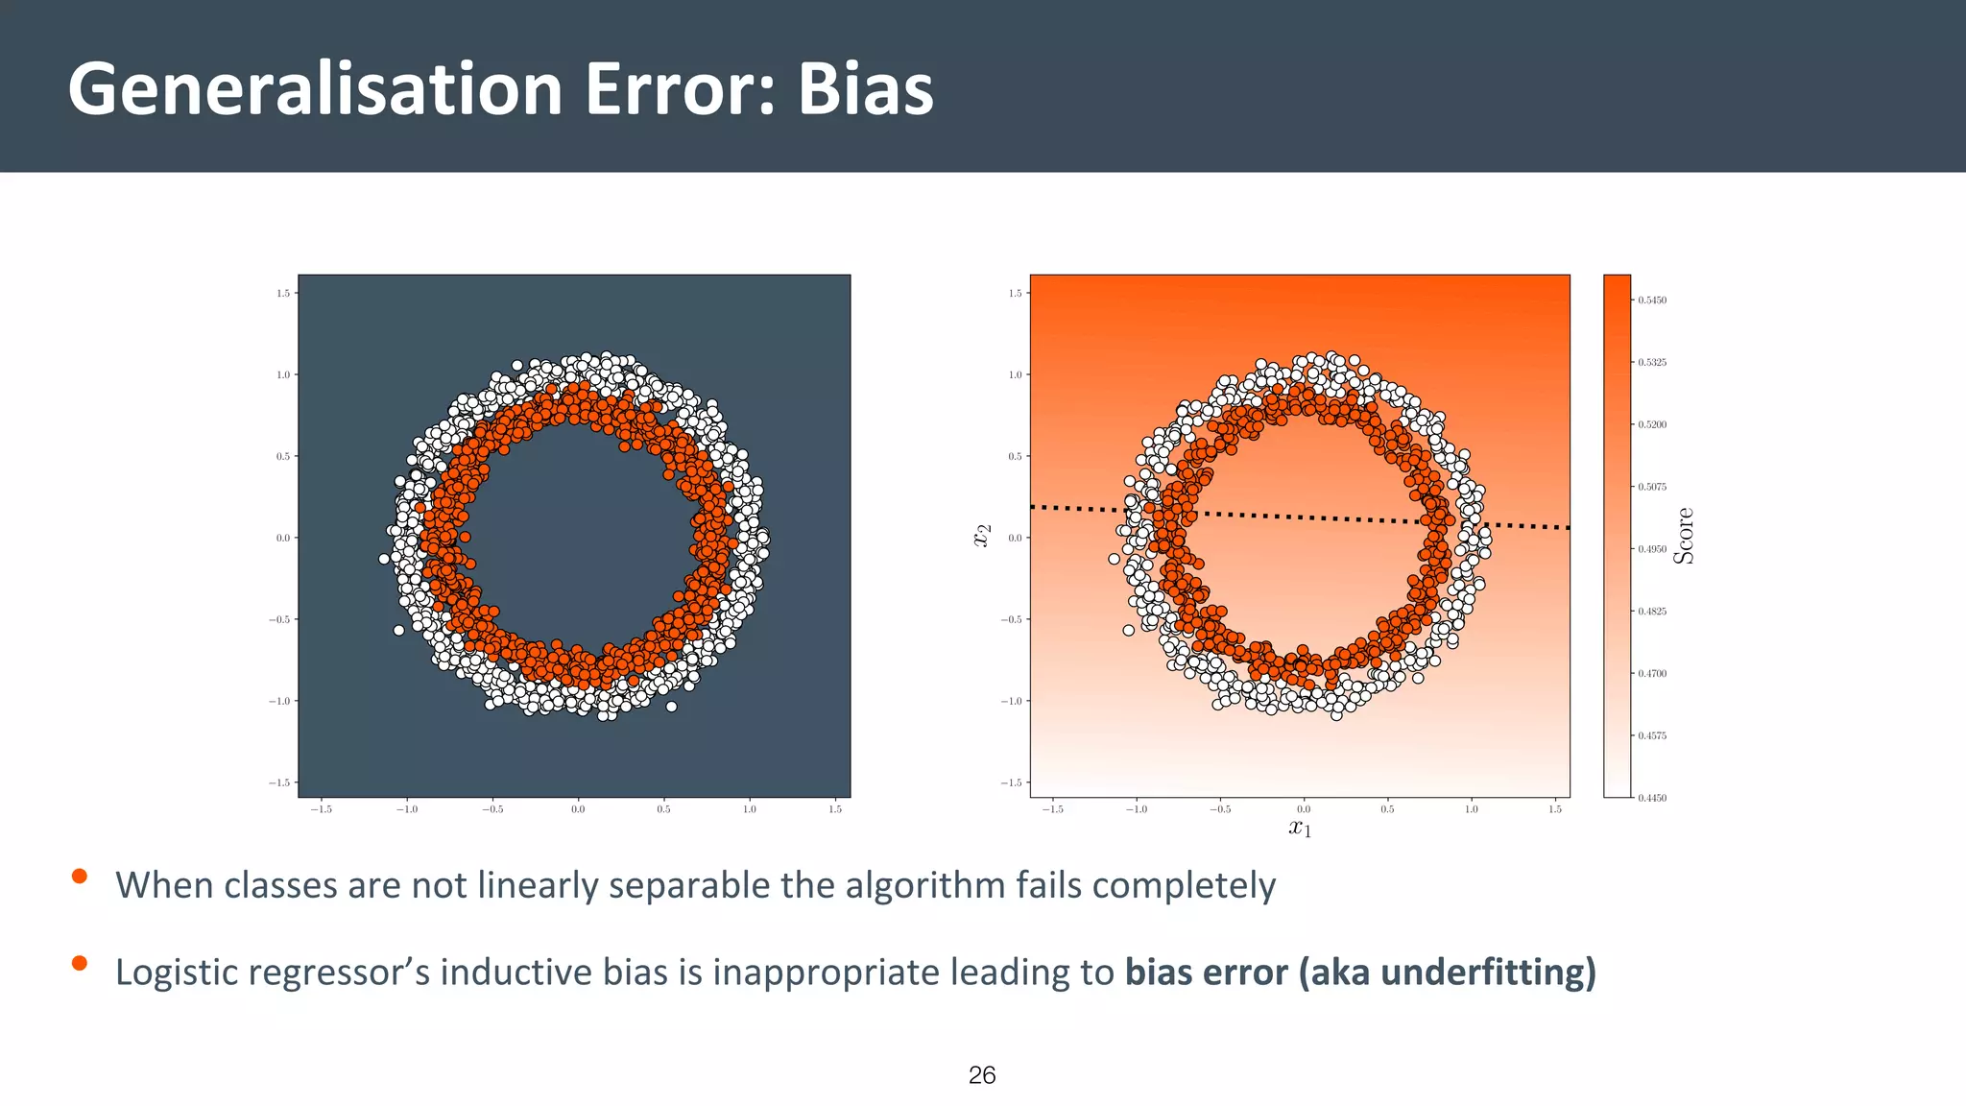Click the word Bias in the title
tap(865, 89)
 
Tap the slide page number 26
tap(982, 1075)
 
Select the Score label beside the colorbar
tap(1684, 536)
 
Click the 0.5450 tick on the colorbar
tap(1651, 301)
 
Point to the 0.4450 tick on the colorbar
tap(1651, 798)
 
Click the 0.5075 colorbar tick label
tap(1651, 487)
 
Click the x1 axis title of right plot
tap(1300, 828)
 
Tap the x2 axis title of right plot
tap(981, 536)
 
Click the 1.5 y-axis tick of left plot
tap(283, 293)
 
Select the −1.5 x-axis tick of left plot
tap(321, 809)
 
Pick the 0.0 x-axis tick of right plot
tap(1304, 809)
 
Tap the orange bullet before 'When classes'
tap(80, 876)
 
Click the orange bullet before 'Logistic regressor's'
tap(80, 963)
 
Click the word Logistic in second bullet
tap(176, 973)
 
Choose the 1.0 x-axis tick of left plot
tap(750, 809)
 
